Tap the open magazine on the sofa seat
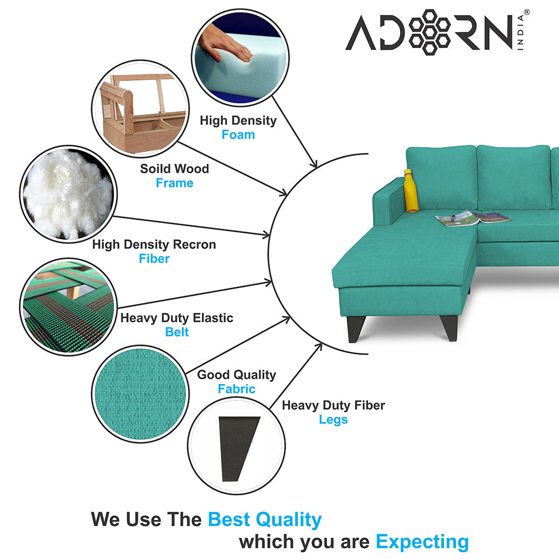[x=473, y=217]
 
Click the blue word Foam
[x=238, y=135]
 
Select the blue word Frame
[x=174, y=183]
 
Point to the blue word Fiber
[x=154, y=258]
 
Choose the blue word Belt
[x=177, y=332]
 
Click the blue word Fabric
[x=236, y=389]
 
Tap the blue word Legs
[x=333, y=420]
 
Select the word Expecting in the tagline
[x=423, y=542]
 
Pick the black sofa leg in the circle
[x=239, y=448]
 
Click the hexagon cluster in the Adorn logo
[x=429, y=32]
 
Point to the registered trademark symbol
[x=527, y=12]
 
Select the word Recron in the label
[x=195, y=245]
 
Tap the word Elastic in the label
[x=213, y=318]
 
